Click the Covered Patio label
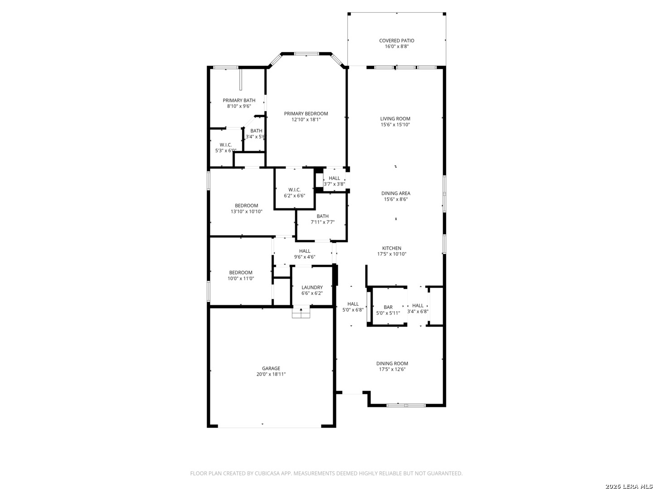click(x=396, y=40)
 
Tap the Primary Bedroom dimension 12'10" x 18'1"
click(x=306, y=120)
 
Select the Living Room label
click(x=395, y=119)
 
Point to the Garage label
click(x=271, y=368)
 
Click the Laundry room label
click(x=312, y=287)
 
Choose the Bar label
click(x=388, y=307)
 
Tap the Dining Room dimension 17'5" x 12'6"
click(x=392, y=369)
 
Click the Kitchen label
click(x=391, y=248)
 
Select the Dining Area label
click(x=396, y=193)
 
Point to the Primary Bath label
click(x=239, y=101)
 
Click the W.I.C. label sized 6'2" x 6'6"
click(x=294, y=190)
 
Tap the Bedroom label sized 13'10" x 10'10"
click(x=246, y=206)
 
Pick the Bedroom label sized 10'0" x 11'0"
click(x=240, y=273)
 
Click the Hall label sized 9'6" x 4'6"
click(x=305, y=251)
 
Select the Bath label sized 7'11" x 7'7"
click(x=322, y=216)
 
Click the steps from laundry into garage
click(x=301, y=313)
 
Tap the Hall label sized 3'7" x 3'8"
click(x=334, y=178)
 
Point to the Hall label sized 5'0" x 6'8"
click(x=353, y=304)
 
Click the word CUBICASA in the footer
click(x=267, y=473)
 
